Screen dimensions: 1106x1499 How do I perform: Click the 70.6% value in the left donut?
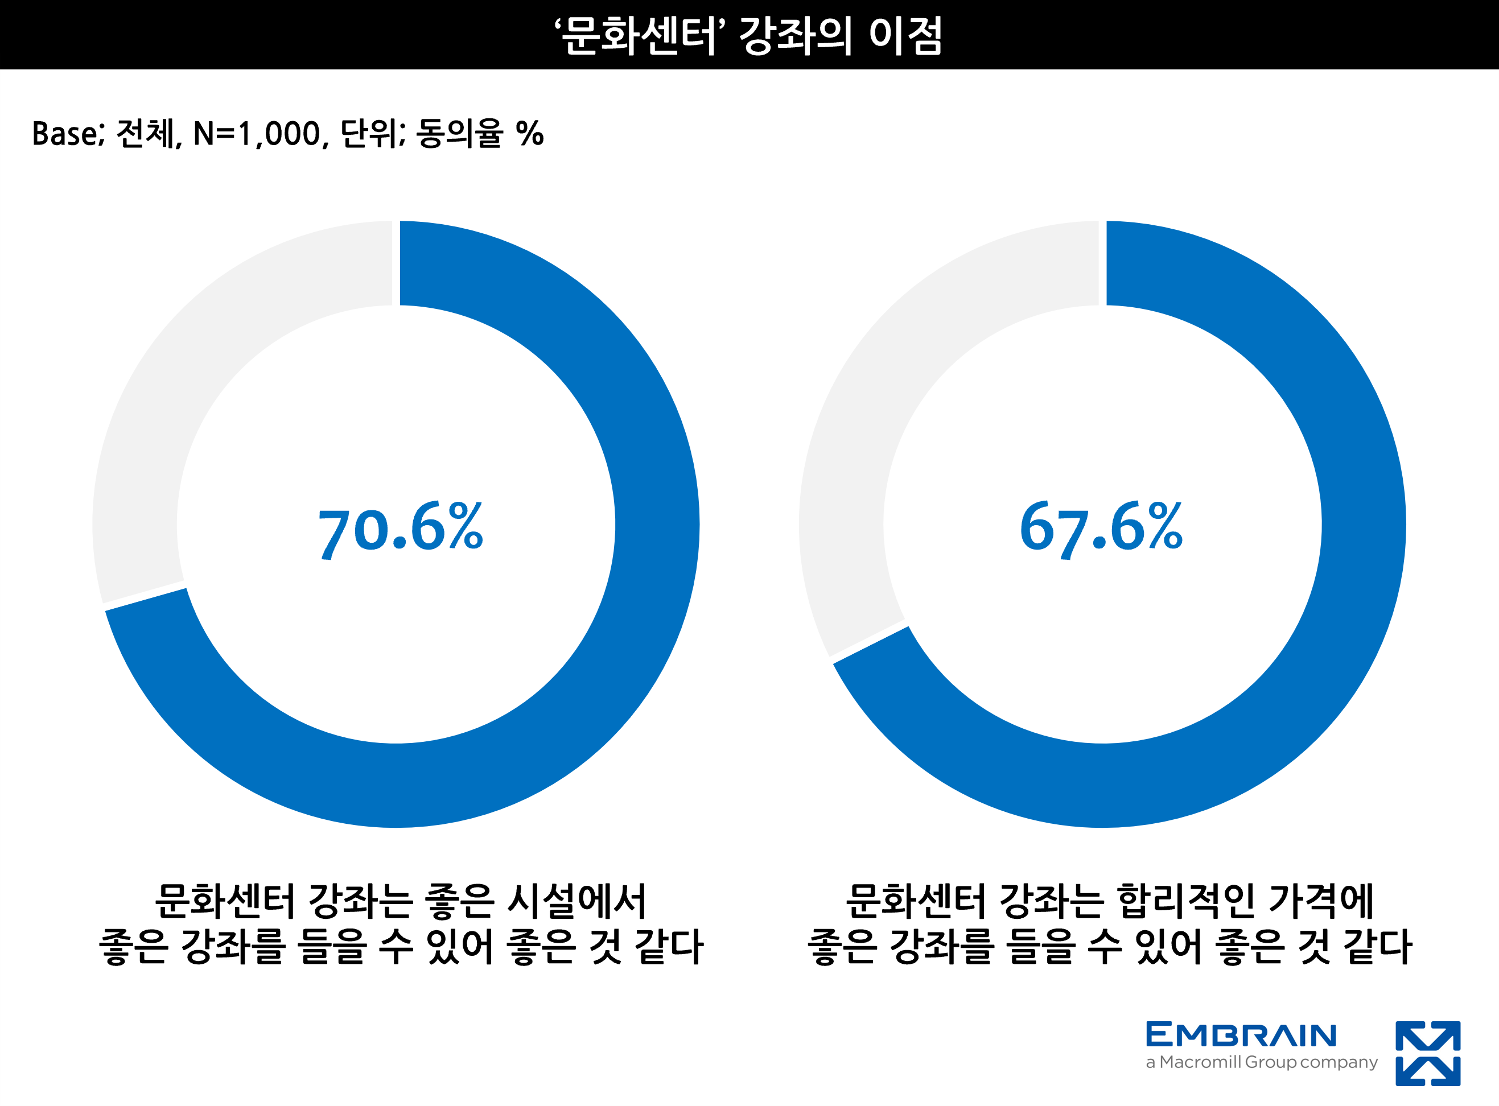coord(400,530)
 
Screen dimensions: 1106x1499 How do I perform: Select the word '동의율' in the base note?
coord(459,134)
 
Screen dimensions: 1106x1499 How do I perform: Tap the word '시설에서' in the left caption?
coord(576,901)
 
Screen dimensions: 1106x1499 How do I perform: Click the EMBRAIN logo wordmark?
coord(1241,1035)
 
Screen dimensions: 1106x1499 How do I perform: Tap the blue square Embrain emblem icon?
coord(1427,1053)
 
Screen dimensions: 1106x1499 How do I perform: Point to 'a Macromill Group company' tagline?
coord(1261,1063)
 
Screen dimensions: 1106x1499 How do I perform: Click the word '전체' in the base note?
coord(146,134)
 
